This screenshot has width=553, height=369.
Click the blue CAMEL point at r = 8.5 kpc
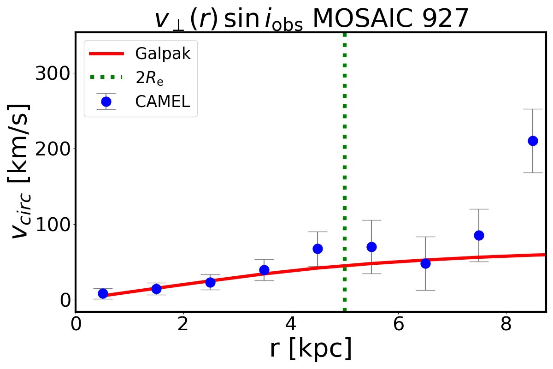tap(533, 141)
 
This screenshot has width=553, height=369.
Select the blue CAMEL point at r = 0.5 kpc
tap(103, 293)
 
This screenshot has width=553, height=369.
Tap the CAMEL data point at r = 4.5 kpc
tap(318, 249)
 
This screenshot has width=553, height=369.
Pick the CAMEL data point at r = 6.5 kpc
tap(425, 263)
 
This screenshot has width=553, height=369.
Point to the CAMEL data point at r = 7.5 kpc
tap(479, 235)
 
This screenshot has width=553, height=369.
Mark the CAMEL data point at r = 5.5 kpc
tap(371, 247)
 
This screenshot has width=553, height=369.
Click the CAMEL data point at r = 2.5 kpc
tap(210, 282)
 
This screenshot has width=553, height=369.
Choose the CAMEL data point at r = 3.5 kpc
tap(264, 270)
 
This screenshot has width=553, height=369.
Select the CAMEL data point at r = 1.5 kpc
tap(156, 289)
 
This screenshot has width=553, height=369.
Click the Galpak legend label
tap(163, 54)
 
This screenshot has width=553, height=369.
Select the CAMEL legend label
tap(162, 102)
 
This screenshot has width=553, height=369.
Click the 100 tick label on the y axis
tap(52, 224)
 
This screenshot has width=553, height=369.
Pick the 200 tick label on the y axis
tap(52, 149)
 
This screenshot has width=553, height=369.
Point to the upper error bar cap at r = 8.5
tap(533, 109)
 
